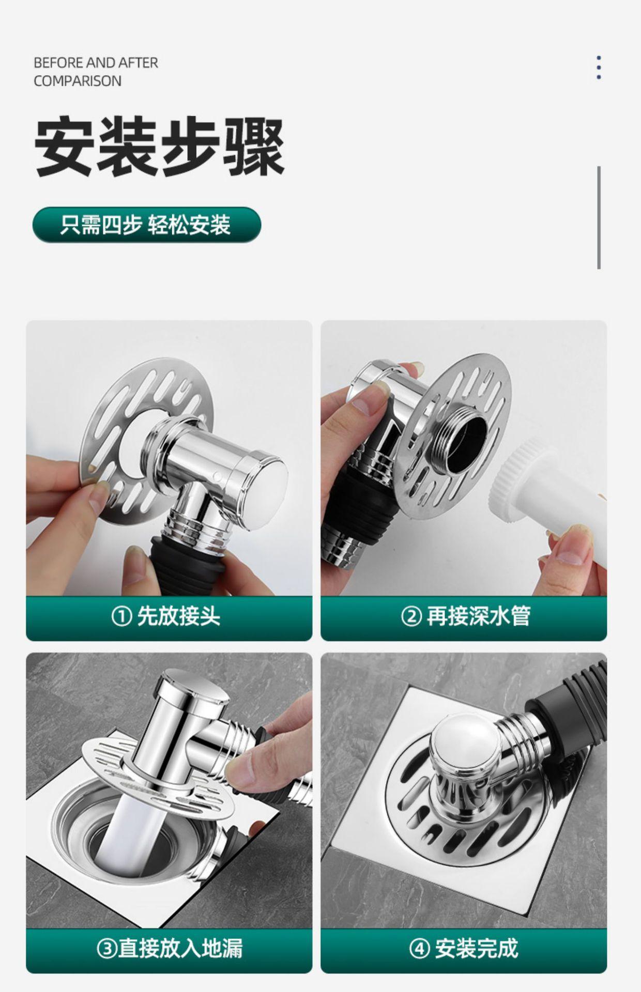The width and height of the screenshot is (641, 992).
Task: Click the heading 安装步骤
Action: click(x=159, y=146)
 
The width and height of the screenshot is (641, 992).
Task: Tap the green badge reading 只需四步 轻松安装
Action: click(x=147, y=225)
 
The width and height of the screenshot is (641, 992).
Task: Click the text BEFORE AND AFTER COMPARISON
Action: click(x=96, y=72)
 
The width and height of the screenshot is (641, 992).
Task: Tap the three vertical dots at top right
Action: click(x=599, y=68)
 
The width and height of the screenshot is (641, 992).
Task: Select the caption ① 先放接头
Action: click(x=166, y=616)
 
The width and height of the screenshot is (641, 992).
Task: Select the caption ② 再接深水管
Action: click(x=465, y=616)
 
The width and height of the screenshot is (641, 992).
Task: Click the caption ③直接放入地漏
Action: click(x=170, y=949)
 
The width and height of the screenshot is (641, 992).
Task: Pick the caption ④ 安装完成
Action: click(x=464, y=949)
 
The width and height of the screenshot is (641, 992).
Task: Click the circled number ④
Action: click(x=419, y=949)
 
